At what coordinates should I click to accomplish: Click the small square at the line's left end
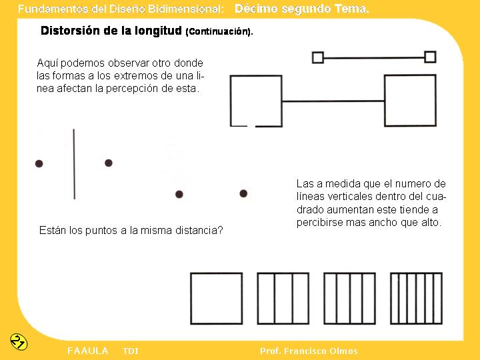click(318, 58)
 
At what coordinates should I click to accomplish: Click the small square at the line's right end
click(430, 57)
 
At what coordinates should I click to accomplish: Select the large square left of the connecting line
click(256, 101)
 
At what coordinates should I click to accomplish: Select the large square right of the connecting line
click(410, 101)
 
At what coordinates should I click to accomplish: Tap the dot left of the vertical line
click(39, 163)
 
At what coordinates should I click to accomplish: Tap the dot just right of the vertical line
click(109, 163)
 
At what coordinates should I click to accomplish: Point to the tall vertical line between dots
click(74, 164)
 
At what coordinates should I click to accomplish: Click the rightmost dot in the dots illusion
click(243, 193)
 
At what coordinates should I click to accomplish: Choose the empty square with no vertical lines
click(217, 298)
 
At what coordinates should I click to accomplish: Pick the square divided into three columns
click(283, 298)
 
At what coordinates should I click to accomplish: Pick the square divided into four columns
click(349, 298)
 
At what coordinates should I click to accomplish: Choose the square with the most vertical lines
click(416, 298)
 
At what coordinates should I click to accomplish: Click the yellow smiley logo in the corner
click(19, 341)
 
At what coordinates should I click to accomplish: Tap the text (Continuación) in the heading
click(219, 32)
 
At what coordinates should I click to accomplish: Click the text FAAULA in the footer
click(87, 351)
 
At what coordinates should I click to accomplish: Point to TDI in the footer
click(131, 351)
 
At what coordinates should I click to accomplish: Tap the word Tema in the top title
click(351, 9)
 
